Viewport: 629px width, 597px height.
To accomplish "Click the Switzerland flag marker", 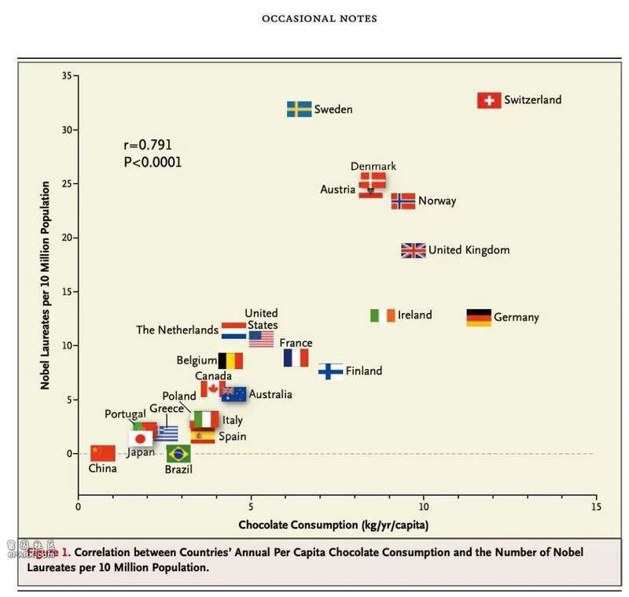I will point(489,101).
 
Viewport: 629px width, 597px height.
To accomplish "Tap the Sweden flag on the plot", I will point(299,109).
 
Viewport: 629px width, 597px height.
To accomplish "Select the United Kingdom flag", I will point(413,250).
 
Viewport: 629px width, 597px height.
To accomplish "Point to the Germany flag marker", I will point(479,318).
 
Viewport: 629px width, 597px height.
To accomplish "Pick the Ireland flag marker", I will point(383,315).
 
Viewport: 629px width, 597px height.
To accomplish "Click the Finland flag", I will point(330,371).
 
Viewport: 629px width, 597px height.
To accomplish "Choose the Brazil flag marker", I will point(178,453).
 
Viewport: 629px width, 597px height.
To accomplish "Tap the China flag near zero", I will point(103,452).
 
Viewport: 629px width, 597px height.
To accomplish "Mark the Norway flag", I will point(403,201).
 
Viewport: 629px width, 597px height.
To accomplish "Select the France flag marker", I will point(296,358).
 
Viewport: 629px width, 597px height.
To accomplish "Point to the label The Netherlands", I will point(177,330).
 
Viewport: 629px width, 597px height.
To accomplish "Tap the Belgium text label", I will point(197,361).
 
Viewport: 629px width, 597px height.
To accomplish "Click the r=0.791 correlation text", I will point(148,146).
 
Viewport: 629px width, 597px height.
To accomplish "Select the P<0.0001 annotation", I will point(153,162).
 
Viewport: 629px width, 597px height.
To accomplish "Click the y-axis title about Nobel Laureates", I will point(46,286).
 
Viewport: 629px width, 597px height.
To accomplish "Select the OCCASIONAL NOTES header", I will point(319,18).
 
